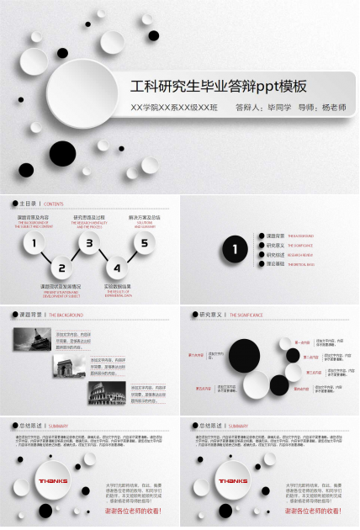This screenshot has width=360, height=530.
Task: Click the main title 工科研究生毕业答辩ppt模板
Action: (x=218, y=87)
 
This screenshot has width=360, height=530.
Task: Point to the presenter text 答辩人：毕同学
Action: (x=262, y=109)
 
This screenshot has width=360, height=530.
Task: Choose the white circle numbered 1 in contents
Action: (x=34, y=245)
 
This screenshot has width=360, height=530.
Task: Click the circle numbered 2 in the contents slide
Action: (x=61, y=269)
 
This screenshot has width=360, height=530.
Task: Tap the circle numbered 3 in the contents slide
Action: (x=89, y=245)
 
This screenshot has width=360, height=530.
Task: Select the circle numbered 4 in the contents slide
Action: (x=117, y=269)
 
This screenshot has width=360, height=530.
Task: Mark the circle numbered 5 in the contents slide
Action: (x=144, y=245)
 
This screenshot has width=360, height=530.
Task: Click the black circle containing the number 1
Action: (x=235, y=249)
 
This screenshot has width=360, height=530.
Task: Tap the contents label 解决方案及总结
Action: (x=144, y=217)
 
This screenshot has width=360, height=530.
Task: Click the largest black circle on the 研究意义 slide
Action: (x=245, y=355)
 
